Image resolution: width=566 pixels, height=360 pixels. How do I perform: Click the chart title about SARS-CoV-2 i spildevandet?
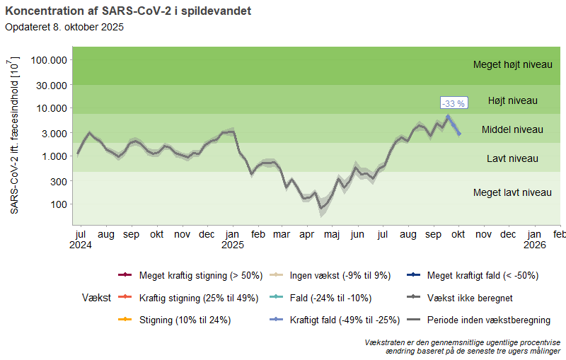point(127,11)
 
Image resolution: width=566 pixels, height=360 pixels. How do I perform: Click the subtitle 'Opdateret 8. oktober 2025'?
point(64,28)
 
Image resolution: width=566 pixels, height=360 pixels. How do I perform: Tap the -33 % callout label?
point(454,103)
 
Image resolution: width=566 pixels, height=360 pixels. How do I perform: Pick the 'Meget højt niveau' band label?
point(512,64)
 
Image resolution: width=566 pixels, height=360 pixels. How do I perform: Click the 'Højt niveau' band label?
point(512,100)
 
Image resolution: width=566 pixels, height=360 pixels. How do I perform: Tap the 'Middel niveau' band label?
point(512,129)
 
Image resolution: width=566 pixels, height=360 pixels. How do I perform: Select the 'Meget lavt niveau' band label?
point(512,192)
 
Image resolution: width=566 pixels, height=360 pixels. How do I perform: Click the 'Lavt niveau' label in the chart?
point(512,158)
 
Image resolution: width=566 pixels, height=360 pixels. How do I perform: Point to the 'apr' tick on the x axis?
point(307,233)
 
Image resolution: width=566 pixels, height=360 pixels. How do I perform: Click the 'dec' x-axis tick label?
point(509,233)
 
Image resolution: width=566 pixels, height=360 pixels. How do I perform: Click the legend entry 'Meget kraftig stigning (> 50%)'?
point(201,275)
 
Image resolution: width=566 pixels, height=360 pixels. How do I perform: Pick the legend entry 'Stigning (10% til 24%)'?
point(185,320)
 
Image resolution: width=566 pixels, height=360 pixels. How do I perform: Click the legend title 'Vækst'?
point(96,298)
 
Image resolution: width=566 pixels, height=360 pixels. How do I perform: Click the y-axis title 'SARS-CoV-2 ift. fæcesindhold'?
point(15,136)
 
